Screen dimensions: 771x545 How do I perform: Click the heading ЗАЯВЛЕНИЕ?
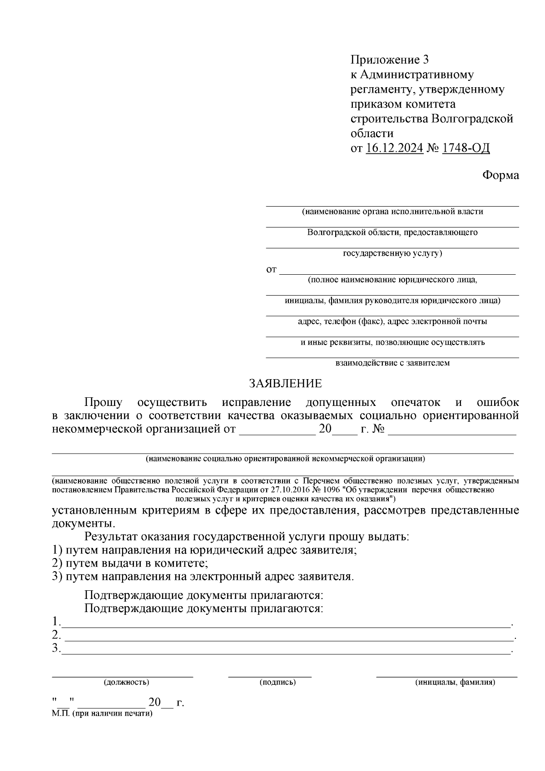click(x=285, y=384)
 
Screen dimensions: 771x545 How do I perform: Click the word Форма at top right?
click(x=500, y=175)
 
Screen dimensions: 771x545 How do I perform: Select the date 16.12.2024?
click(x=394, y=148)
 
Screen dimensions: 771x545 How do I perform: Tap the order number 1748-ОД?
click(x=466, y=148)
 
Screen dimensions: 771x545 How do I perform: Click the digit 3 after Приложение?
click(x=425, y=59)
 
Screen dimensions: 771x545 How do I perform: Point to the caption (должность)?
click(x=126, y=682)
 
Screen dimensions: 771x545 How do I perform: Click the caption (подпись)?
click(x=277, y=682)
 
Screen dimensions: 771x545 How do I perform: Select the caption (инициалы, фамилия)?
click(x=455, y=682)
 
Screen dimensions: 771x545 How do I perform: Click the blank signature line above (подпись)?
click(x=270, y=677)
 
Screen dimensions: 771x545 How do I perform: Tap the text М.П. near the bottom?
click(x=60, y=713)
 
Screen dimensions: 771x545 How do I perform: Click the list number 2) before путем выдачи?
click(x=57, y=563)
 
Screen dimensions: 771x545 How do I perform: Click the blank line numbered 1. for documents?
click(x=286, y=626)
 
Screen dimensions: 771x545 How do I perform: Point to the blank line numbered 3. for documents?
click(x=286, y=653)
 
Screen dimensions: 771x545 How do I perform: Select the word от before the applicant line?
click(x=271, y=270)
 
